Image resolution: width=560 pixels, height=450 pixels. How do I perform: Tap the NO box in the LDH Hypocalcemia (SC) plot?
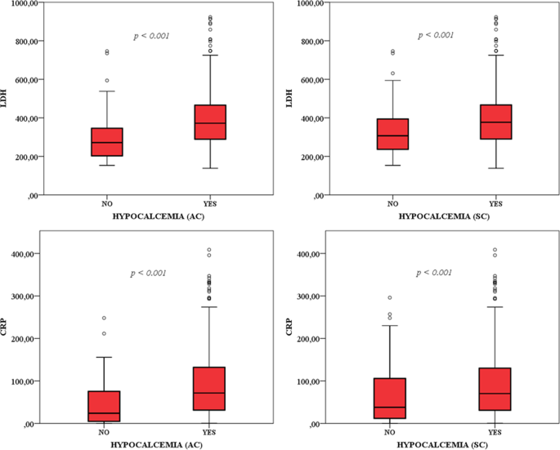(x=392, y=134)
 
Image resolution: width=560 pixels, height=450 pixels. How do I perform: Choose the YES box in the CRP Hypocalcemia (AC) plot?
(x=210, y=389)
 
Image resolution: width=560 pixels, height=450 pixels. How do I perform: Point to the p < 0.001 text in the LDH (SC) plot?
(x=436, y=35)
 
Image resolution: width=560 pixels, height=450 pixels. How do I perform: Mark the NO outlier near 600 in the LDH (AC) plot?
(x=107, y=81)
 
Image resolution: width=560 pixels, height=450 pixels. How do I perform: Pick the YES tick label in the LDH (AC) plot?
(x=210, y=203)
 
